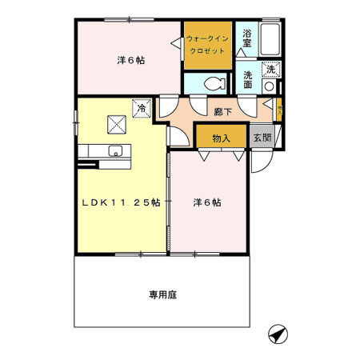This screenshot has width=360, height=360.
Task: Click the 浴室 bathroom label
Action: click(248, 38)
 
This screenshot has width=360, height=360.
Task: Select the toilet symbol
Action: click(212, 82)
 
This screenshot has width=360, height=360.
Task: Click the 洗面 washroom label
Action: click(248, 80)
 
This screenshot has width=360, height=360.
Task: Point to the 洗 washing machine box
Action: click(271, 69)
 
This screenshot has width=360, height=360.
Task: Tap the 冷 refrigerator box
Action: click(142, 107)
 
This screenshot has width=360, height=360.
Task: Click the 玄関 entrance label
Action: click(262, 138)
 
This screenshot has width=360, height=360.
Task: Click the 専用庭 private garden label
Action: click(162, 294)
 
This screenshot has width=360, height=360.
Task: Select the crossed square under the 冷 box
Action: click(117, 123)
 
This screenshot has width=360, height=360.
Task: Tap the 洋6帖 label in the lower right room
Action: click(207, 202)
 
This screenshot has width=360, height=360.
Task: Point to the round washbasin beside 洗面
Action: click(270, 85)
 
